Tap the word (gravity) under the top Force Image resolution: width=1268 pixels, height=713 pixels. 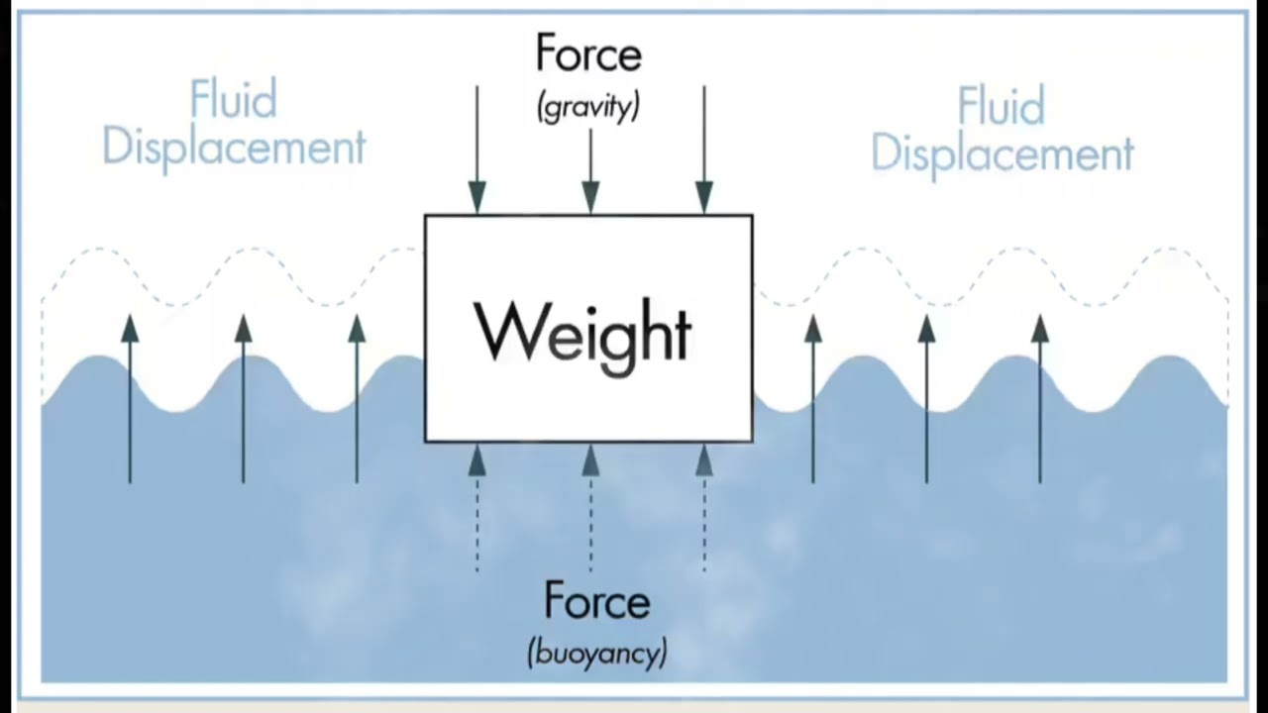(x=588, y=107)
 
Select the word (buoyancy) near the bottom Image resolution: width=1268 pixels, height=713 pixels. (x=597, y=653)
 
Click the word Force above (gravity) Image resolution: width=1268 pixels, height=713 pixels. (x=588, y=53)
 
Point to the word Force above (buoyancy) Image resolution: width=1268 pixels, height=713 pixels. (x=596, y=600)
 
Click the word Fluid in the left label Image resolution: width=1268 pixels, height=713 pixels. (x=233, y=98)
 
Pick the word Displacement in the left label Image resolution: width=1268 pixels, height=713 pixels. (x=234, y=148)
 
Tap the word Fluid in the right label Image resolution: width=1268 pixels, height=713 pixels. (x=1001, y=105)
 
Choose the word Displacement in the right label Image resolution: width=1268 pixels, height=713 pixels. (x=1002, y=153)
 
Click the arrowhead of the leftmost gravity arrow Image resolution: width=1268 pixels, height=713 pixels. (x=477, y=197)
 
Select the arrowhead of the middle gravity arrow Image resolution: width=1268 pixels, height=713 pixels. (x=590, y=197)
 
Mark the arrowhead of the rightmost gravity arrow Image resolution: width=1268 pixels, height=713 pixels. (x=704, y=197)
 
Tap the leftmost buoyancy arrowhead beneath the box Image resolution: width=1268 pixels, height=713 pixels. (x=477, y=460)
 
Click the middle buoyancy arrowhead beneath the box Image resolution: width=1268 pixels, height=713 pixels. (x=590, y=460)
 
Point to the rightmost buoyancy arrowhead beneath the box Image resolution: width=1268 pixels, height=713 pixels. (x=704, y=460)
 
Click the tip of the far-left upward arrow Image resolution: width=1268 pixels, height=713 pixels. (x=130, y=315)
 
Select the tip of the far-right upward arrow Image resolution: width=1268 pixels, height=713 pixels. (x=1040, y=315)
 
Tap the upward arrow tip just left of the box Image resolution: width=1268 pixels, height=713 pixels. (x=357, y=315)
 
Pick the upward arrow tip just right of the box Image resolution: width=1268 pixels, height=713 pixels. (x=813, y=315)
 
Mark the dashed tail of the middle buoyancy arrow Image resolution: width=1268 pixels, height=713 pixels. (x=590, y=525)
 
